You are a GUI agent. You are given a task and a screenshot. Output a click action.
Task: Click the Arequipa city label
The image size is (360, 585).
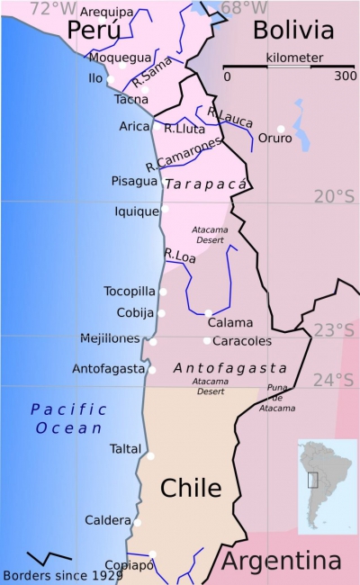click(106, 12)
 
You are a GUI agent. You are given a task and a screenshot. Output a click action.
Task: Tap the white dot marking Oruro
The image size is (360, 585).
click(281, 129)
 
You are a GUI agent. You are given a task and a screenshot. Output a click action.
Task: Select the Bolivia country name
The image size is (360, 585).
click(292, 31)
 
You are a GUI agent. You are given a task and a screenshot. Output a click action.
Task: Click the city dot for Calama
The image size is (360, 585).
click(208, 313)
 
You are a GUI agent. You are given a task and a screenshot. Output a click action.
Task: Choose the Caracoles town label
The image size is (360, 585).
click(242, 341)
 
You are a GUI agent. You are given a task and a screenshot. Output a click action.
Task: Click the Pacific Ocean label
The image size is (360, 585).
click(68, 418)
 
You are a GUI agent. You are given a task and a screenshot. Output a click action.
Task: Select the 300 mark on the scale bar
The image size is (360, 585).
click(345, 76)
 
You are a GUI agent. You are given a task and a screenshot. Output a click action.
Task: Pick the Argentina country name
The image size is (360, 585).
click(281, 562)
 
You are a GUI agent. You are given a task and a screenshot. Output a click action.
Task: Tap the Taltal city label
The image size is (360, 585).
click(125, 447)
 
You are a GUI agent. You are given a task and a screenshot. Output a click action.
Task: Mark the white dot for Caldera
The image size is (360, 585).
click(138, 522)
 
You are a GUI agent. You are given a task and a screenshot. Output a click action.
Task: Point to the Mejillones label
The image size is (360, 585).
click(111, 338)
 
